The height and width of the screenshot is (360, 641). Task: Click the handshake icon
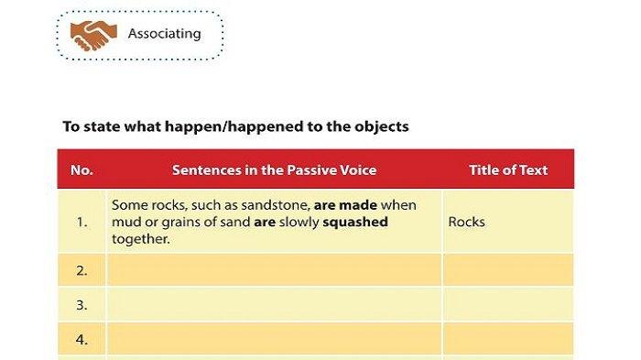tap(93, 36)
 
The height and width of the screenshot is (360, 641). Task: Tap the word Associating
tap(164, 34)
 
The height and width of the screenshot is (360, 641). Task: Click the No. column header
tap(81, 169)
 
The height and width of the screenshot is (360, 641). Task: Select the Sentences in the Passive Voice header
tap(275, 169)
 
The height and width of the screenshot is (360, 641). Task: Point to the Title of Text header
tap(508, 169)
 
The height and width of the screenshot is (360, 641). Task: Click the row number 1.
tap(81, 222)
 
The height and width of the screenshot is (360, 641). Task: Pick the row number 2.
tap(81, 271)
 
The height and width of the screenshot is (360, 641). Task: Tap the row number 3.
tap(81, 305)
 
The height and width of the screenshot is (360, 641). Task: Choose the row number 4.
tap(81, 340)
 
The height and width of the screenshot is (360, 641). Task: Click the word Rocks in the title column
tap(466, 222)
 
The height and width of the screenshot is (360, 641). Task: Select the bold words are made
tap(345, 205)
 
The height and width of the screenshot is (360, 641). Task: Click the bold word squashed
tap(355, 222)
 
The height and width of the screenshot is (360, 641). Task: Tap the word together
tap(141, 239)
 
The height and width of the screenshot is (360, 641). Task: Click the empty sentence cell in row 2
tap(275, 270)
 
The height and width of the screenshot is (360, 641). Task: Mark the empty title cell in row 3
tap(508, 304)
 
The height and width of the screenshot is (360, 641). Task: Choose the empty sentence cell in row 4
tap(275, 339)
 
